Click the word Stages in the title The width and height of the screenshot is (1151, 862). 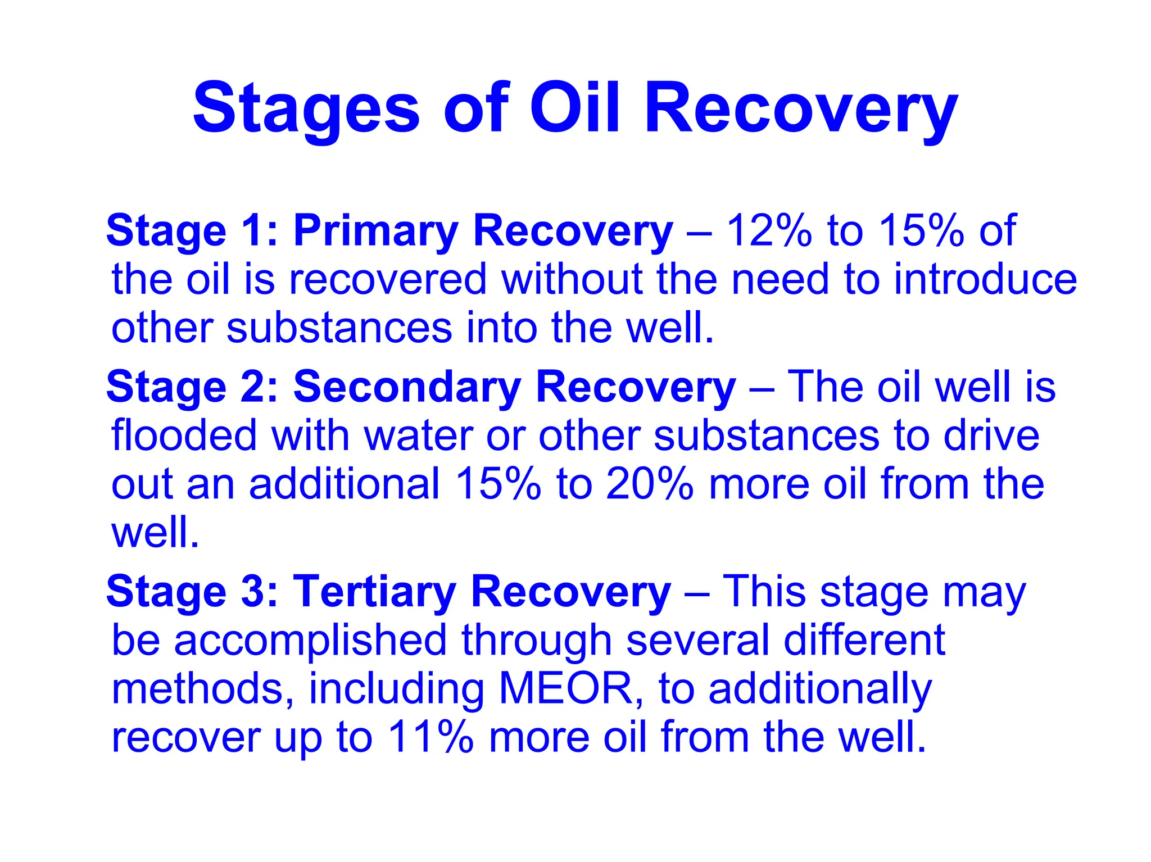(306, 108)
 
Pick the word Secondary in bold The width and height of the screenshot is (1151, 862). (407, 387)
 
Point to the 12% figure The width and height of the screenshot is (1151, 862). (769, 230)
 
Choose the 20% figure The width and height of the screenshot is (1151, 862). (650, 484)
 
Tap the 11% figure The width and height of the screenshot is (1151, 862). (431, 737)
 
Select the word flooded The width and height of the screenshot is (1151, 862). (184, 435)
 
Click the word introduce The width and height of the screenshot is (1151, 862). (985, 279)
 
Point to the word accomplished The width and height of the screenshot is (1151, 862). (311, 641)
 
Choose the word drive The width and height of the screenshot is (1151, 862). (991, 435)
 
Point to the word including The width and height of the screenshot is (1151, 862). (397, 689)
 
